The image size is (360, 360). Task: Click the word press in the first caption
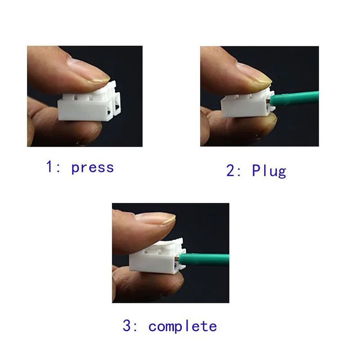click(x=93, y=167)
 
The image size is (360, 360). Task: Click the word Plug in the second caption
click(x=269, y=171)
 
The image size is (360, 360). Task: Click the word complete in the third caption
click(x=183, y=326)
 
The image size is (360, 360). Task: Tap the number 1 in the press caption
click(x=49, y=167)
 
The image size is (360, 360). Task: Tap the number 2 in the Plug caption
click(x=229, y=171)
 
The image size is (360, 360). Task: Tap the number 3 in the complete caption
click(x=127, y=326)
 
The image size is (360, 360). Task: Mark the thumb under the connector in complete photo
click(x=144, y=283)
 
